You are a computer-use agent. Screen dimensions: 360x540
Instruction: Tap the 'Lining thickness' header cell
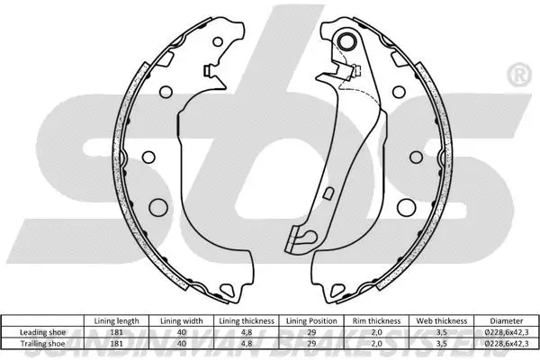[247, 319]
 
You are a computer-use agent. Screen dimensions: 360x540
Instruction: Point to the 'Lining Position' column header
[312, 319]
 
